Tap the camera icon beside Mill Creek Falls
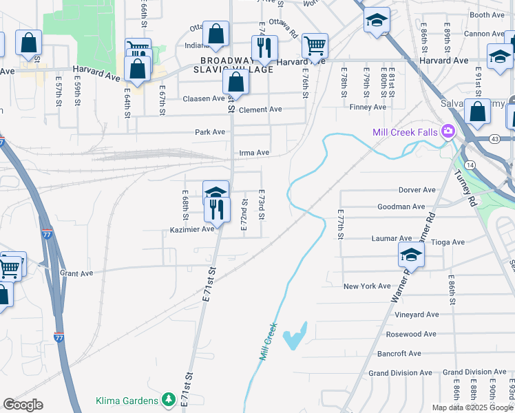click(x=449, y=131)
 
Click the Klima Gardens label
click(x=129, y=399)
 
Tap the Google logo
click(x=23, y=405)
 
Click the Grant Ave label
click(x=76, y=273)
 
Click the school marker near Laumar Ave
click(x=412, y=255)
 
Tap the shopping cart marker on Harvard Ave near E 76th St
click(x=315, y=46)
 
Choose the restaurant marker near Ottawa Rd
click(x=264, y=47)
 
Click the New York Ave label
click(x=367, y=286)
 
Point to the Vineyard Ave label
click(x=417, y=315)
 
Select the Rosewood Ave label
click(x=411, y=334)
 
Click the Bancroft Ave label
click(x=399, y=354)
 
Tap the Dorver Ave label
click(x=417, y=190)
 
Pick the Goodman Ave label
click(x=401, y=206)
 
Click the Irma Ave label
click(x=253, y=153)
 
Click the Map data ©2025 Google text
click(x=472, y=407)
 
